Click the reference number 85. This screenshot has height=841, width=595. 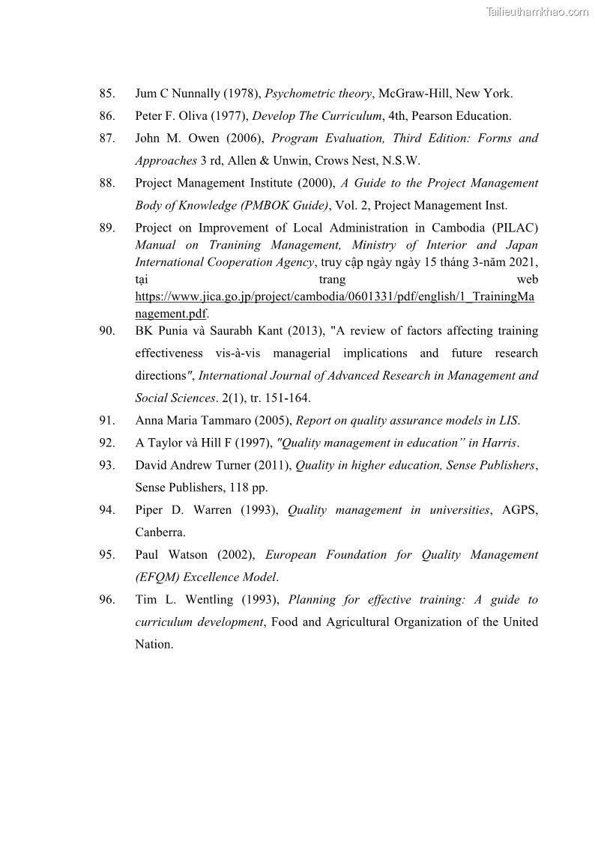pyautogui.click(x=106, y=94)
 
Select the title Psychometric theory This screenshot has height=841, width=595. pyautogui.click(x=318, y=94)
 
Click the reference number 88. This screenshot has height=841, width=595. pyautogui.click(x=106, y=183)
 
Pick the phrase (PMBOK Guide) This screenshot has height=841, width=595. pyautogui.click(x=285, y=206)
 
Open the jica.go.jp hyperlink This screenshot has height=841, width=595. pyautogui.click(x=334, y=297)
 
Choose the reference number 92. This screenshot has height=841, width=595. pyautogui.click(x=106, y=443)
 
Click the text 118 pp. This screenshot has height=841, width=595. pyautogui.click(x=247, y=488)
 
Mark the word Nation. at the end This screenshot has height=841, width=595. pyautogui.click(x=154, y=645)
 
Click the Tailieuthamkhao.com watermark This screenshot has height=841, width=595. pyautogui.click(x=537, y=11)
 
